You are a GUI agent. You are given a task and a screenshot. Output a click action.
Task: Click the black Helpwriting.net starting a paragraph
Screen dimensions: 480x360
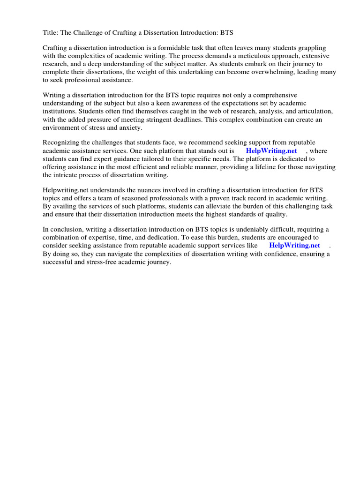pos(66,190)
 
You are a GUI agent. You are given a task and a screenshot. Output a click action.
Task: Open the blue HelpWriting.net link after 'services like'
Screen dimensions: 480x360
pos(294,245)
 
